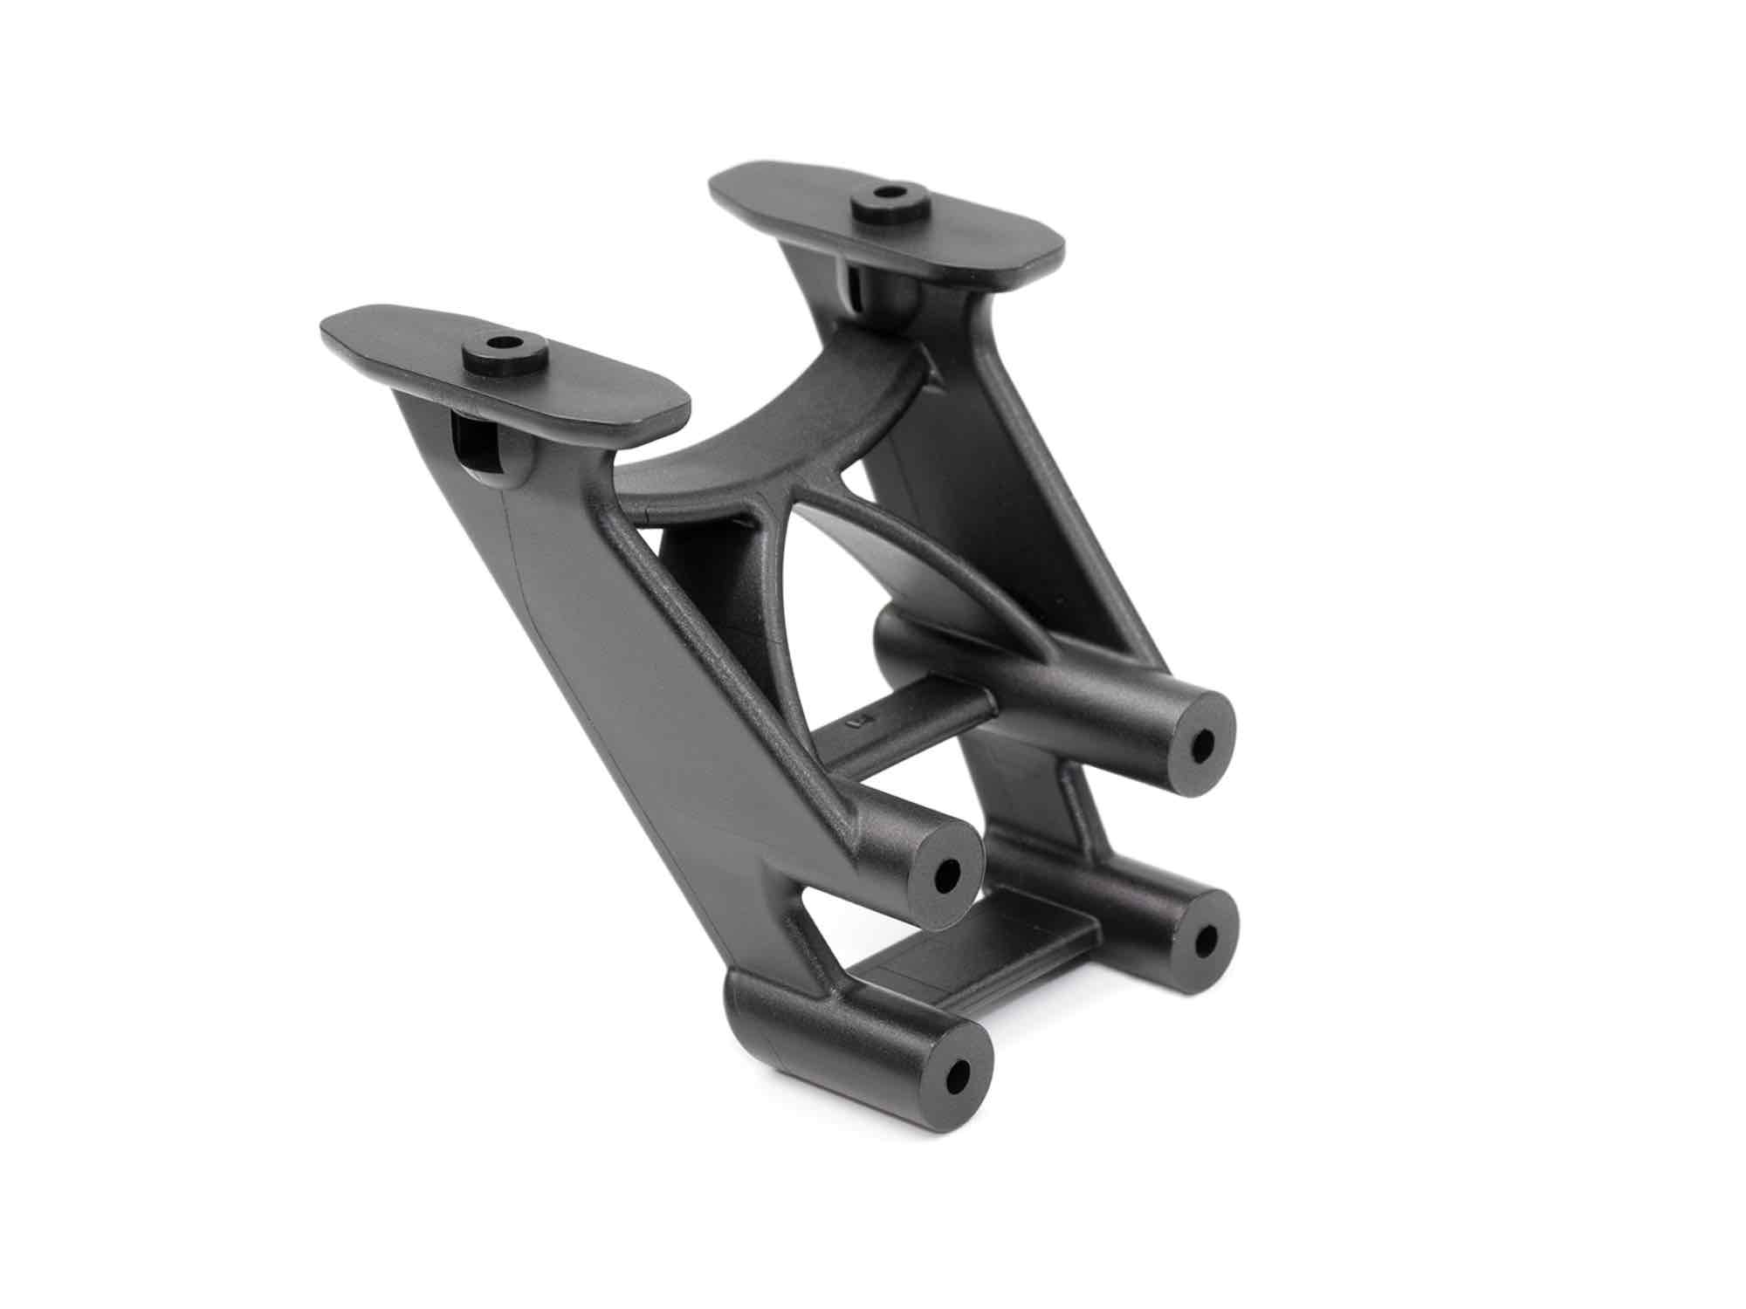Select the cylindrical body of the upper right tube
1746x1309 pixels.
[x=1048, y=689]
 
